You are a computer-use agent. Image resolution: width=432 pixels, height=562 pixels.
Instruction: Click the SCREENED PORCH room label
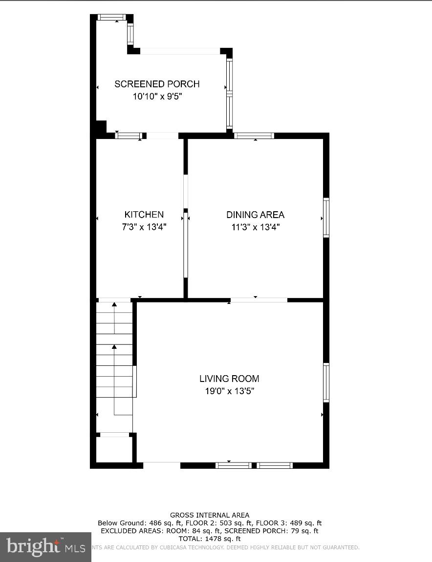[x=157, y=84]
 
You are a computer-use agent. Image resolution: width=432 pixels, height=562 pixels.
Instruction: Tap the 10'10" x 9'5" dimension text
[x=157, y=97]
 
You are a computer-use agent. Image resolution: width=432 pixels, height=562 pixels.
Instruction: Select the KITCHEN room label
[x=144, y=215]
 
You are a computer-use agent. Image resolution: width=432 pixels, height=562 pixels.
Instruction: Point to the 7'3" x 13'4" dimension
[x=144, y=227]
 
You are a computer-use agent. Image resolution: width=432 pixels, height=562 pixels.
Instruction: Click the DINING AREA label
[x=255, y=215]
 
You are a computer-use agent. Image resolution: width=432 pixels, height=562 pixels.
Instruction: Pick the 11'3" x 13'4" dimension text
[x=255, y=227]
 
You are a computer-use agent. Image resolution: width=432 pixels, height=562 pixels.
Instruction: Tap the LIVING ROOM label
[x=229, y=379]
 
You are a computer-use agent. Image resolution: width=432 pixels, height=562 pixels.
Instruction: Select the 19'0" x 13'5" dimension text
[x=229, y=391]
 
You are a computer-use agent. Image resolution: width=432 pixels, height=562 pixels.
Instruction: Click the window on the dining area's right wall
[x=326, y=218]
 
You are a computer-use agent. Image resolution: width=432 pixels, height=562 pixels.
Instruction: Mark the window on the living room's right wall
[x=326, y=382]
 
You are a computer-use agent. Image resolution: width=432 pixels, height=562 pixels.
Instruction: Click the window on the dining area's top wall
[x=254, y=136]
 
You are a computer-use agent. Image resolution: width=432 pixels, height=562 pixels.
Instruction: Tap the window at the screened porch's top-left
[x=111, y=17]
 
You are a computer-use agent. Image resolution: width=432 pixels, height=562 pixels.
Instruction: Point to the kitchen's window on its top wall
[x=129, y=136]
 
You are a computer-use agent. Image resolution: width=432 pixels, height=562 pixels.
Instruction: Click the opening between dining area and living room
[x=259, y=300]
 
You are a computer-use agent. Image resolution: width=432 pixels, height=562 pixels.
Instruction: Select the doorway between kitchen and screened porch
[x=162, y=136]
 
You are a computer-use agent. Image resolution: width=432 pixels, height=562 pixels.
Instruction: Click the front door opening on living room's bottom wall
[x=162, y=465]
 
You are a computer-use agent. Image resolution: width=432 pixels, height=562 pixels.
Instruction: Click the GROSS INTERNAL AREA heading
[x=209, y=515]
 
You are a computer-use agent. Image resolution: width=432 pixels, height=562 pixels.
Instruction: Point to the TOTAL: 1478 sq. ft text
[x=209, y=539]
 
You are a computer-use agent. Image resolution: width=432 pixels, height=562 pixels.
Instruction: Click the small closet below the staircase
[x=114, y=449]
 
